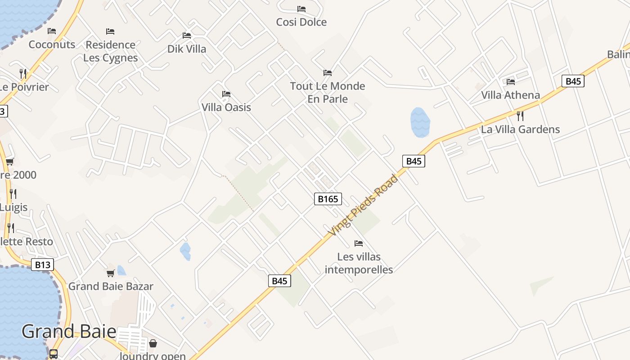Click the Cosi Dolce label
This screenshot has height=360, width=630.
coord(301,22)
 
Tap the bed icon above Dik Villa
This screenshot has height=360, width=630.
coord(187,35)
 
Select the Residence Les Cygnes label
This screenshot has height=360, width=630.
coord(110,51)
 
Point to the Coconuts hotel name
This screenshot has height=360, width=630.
coord(52,45)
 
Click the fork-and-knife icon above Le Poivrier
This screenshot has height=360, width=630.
coord(23,73)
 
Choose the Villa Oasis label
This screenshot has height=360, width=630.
coord(226,108)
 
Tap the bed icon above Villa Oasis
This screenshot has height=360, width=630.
coord(226,94)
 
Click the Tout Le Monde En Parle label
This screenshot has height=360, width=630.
coord(327,92)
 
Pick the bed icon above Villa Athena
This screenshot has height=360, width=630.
coord(511,81)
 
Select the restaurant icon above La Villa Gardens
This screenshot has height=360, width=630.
coord(520,116)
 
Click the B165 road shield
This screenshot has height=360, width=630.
coord(328,199)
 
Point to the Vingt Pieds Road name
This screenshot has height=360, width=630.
coord(363,206)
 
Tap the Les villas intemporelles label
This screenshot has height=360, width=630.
coord(359,263)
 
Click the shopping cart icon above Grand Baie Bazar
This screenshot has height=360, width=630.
coord(110,273)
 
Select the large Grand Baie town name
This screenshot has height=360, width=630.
coord(69,332)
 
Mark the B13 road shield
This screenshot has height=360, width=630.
coord(43,265)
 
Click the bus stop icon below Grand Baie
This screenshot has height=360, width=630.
coord(54,354)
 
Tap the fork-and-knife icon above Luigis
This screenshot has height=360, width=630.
coord(13,194)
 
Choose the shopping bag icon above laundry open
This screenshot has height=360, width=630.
coord(153,343)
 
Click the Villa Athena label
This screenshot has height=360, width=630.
coord(510,95)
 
